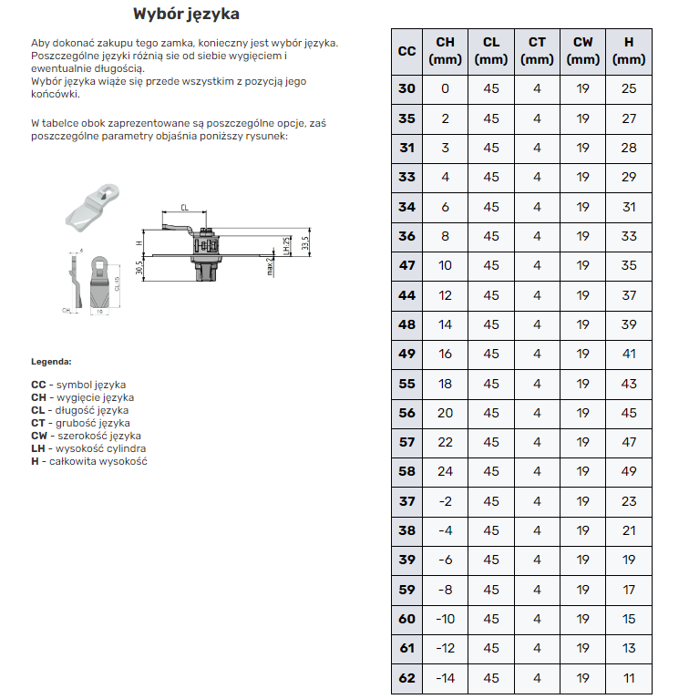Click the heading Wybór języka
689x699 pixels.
(187, 15)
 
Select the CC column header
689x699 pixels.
(406, 51)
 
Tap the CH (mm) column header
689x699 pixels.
(446, 51)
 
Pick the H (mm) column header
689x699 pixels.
(629, 51)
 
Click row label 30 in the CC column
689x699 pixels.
(406, 88)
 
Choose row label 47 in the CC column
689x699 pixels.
(406, 265)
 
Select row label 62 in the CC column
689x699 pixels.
(406, 678)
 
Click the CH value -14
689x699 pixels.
(446, 678)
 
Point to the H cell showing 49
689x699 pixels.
(629, 471)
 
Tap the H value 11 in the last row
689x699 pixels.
(629, 678)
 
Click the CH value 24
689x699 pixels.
(446, 471)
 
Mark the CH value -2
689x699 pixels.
(446, 501)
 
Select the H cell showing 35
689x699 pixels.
(629, 265)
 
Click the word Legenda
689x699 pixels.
(51, 361)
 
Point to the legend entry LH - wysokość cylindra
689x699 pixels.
(88, 448)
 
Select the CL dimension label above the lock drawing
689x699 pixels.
(184, 208)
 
